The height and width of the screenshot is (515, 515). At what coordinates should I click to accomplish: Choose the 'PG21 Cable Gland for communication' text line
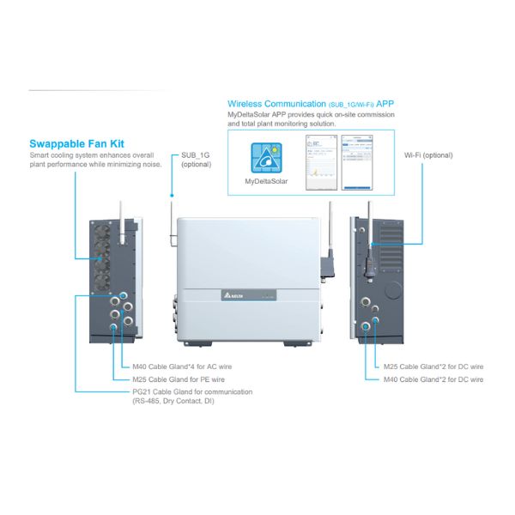[191, 391]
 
